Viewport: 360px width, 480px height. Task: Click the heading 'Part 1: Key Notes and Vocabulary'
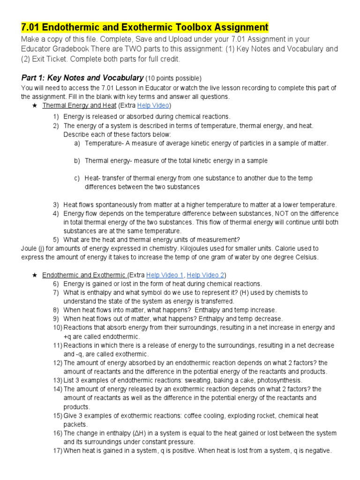82,78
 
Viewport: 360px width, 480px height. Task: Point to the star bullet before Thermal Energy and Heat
34,106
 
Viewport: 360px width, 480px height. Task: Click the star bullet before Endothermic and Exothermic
34,275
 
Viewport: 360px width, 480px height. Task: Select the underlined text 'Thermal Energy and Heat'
79,105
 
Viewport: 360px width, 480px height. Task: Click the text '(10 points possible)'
173,78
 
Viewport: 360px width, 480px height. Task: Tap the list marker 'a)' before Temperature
77,143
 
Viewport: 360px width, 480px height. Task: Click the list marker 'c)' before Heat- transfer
77,178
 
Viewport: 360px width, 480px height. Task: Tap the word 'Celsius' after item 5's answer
307,257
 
